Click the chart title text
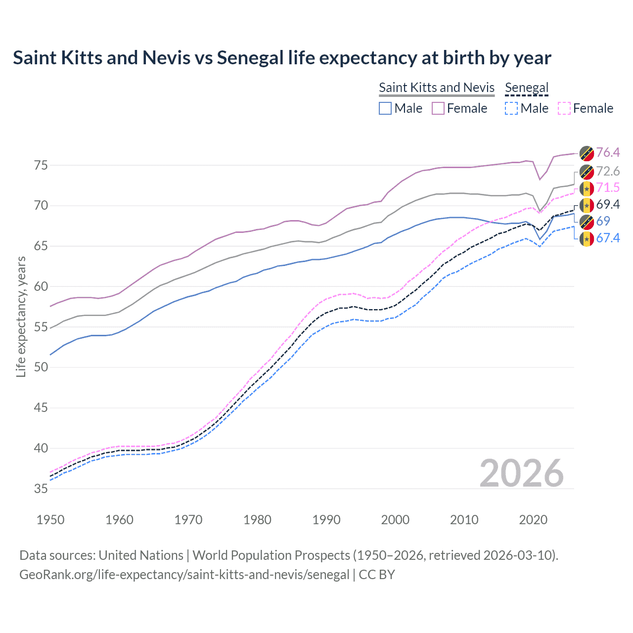pos(282,58)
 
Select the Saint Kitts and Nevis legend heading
pos(436,88)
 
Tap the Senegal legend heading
pos(527,88)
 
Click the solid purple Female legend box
pos(439,108)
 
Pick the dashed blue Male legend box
pos(511,108)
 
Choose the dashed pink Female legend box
pos(564,108)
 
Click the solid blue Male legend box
pos(385,108)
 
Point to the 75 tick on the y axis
pos(41,165)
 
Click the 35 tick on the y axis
pos(41,489)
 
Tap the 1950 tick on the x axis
pos(50,520)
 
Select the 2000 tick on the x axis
pos(395,520)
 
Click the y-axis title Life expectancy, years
pos(21,316)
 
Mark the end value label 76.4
pos(608,152)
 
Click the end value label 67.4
pos(608,238)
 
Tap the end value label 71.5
pos(608,187)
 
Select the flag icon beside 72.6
pos(587,172)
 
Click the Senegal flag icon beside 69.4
pos(587,205)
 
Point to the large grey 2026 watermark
pos(521,473)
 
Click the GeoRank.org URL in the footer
pos(184,575)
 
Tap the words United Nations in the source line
pos(141,555)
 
